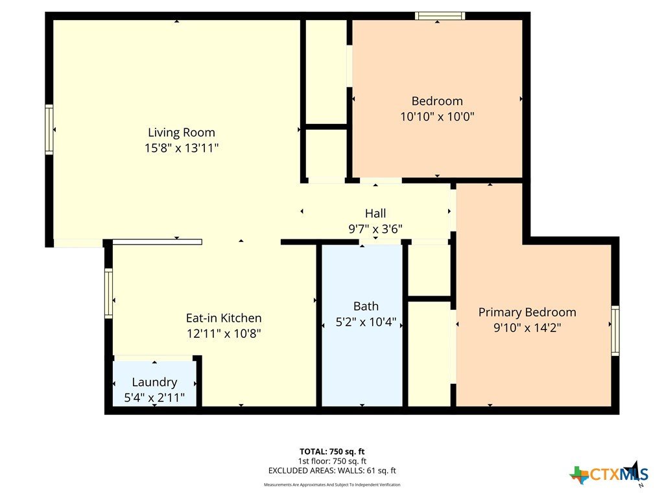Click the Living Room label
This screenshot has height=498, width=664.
182,132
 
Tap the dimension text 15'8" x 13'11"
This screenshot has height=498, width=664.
182,148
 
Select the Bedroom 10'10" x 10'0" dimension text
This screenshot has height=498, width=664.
437,117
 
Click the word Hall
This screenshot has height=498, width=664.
375,213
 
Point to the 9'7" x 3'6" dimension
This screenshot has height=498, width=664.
375,229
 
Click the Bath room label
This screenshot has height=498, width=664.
366,306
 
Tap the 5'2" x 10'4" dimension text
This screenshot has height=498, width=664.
366,322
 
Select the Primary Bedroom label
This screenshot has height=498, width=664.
527,313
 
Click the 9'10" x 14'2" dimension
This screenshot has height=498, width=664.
527,327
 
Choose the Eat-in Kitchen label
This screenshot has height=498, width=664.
224,318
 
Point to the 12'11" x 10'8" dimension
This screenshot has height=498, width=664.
224,334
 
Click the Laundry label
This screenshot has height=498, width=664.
154,383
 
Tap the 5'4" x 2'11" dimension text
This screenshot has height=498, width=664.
154,397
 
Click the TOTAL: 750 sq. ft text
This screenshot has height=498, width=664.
332,451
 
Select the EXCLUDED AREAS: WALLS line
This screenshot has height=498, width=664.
332,471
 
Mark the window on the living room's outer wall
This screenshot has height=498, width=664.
49,130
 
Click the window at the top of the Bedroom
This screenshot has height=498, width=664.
440,16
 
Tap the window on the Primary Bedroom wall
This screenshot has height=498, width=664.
615,331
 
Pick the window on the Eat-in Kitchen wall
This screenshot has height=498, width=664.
108,293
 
